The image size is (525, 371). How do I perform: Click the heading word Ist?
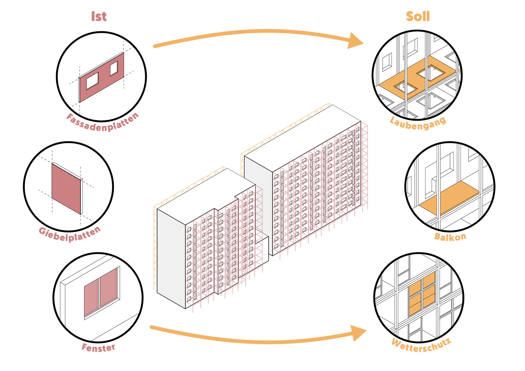(x=99, y=17)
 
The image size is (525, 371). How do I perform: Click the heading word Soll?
(x=418, y=17)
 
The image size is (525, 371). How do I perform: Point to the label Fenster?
(x=98, y=348)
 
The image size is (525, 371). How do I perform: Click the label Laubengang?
(x=418, y=123)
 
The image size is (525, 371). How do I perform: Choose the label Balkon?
(x=450, y=237)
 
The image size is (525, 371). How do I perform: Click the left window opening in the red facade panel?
(x=92, y=81)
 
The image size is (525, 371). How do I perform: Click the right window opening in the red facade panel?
(x=114, y=68)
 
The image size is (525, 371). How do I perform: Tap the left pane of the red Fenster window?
(x=91, y=298)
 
